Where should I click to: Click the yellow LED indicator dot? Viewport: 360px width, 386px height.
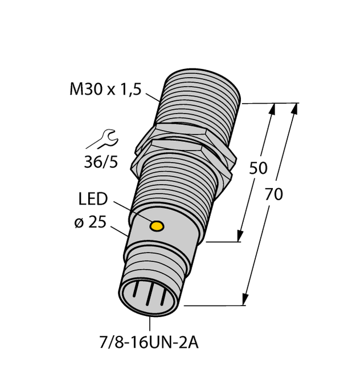click(x=156, y=227)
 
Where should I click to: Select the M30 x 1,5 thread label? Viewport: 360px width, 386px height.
click(x=104, y=89)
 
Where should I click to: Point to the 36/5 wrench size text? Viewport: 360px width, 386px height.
click(x=100, y=162)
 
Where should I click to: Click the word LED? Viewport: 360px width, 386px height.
click(x=92, y=199)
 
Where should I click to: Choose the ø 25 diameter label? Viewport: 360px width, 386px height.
click(x=90, y=224)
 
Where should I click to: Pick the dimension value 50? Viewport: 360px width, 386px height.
click(x=259, y=168)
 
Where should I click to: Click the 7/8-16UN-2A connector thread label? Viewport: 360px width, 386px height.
click(x=150, y=345)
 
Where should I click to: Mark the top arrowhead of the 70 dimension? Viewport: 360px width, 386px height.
click(x=294, y=108)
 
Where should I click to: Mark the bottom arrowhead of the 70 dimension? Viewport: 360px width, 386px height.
click(x=246, y=300)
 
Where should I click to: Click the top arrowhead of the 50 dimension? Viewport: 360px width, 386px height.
click(x=272, y=109)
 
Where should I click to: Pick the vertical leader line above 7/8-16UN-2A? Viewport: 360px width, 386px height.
click(x=150, y=323)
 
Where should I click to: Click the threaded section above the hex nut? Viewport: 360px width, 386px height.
click(x=199, y=100)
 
